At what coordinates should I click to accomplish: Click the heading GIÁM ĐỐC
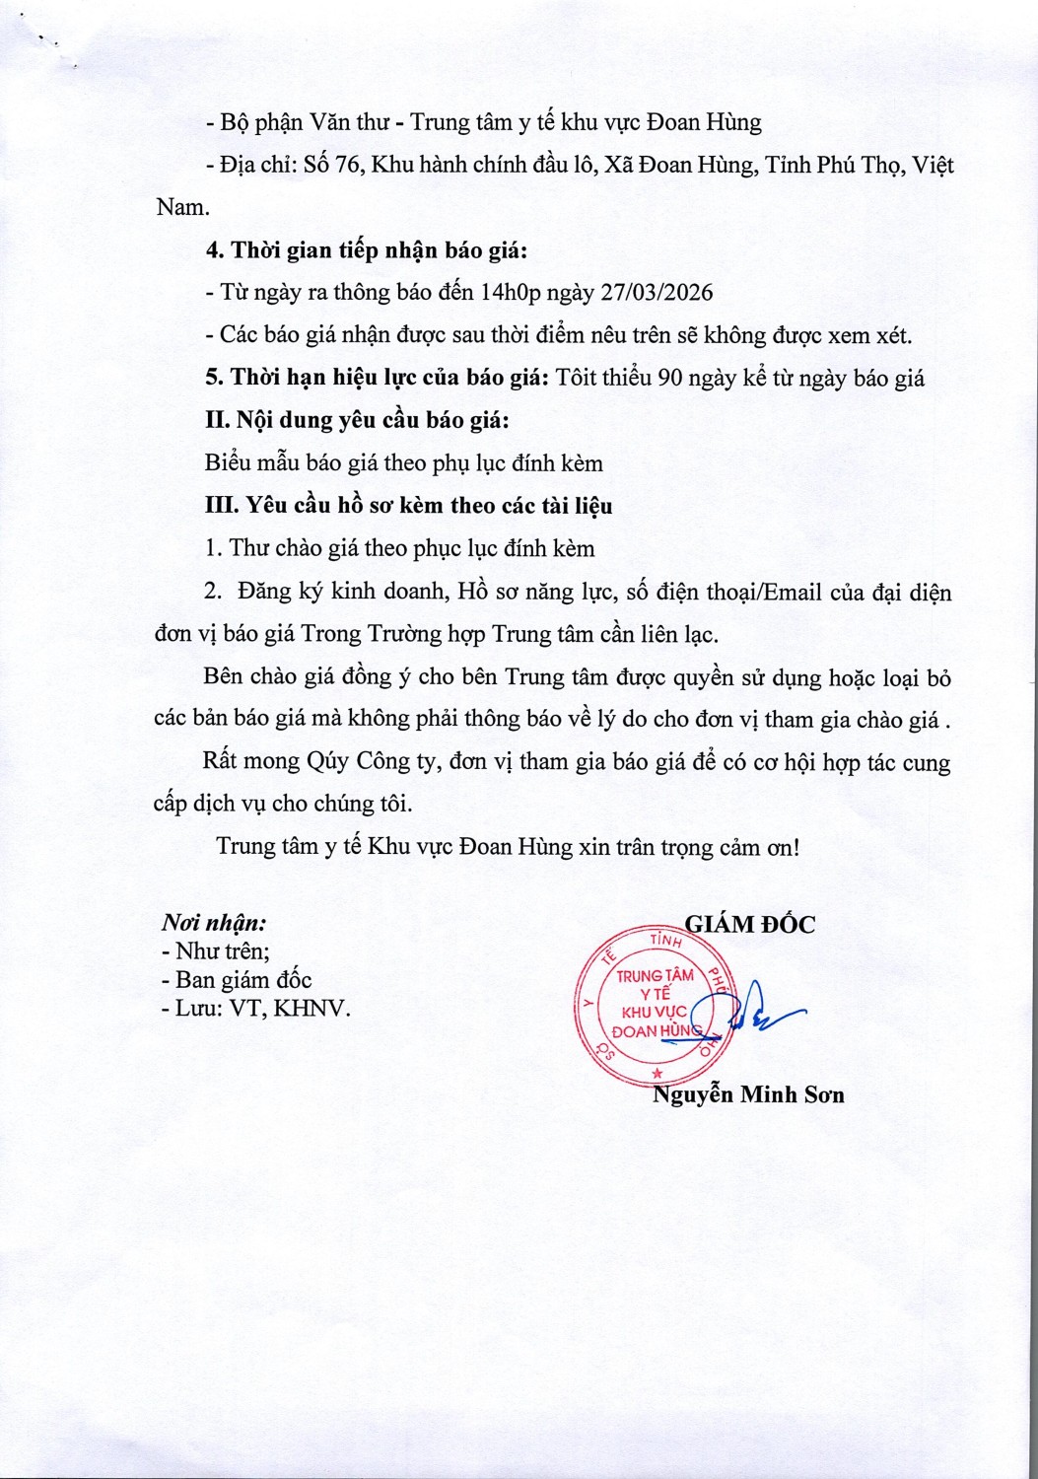point(750,924)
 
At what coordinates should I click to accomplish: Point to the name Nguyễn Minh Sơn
point(748,1093)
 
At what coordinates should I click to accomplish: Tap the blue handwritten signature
point(759,1011)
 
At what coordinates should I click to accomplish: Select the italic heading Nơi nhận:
point(214,923)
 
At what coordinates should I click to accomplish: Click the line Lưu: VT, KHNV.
point(255,1009)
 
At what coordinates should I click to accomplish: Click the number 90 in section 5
point(670,378)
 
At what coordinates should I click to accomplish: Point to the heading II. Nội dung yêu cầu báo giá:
point(357,420)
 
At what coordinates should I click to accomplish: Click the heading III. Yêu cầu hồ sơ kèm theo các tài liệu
point(408,506)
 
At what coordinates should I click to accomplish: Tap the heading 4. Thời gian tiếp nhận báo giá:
point(367,250)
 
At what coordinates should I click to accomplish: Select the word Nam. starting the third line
point(183,207)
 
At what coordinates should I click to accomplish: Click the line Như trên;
point(215,951)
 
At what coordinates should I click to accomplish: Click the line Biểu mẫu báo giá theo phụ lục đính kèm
point(403,462)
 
